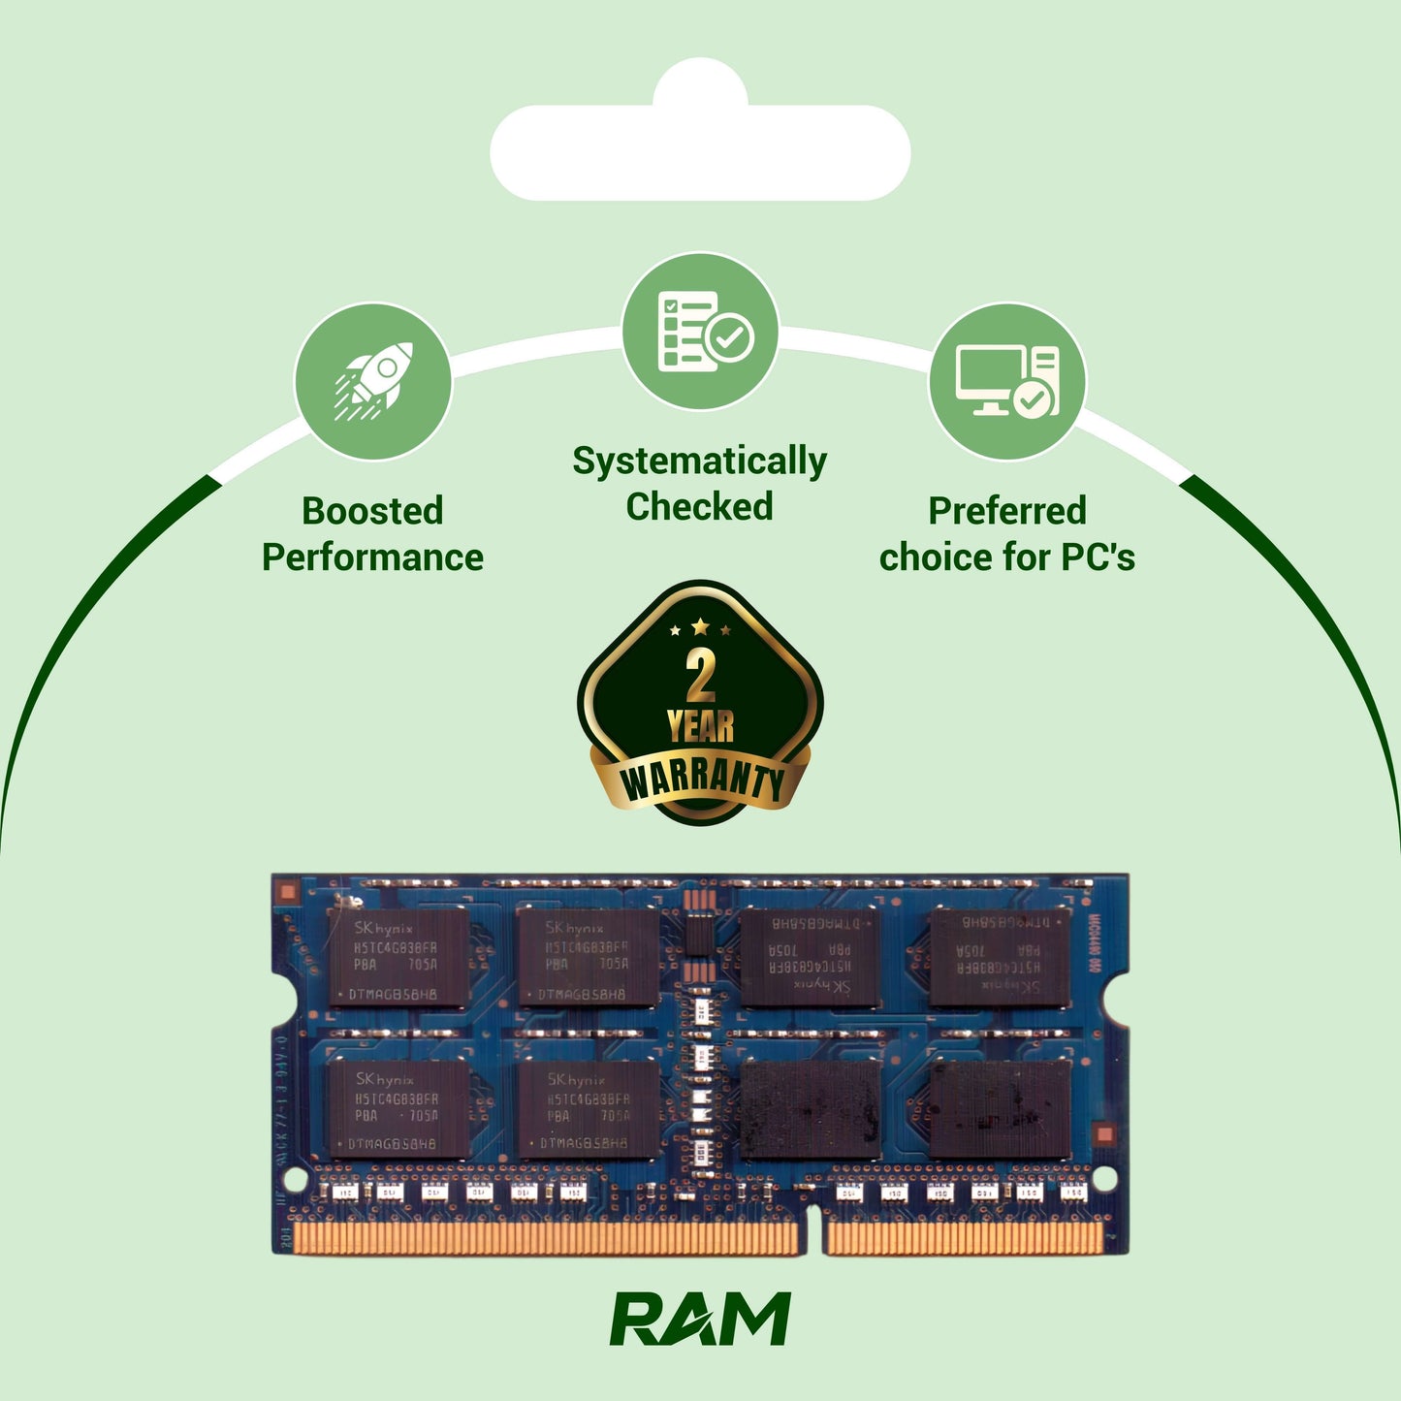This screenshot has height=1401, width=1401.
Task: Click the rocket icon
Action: [x=374, y=381]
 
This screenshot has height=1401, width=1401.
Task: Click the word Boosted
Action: [x=372, y=511]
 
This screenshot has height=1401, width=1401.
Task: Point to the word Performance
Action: [x=372, y=557]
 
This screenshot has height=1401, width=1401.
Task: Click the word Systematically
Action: [x=699, y=462]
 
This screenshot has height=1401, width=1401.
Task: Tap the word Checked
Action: [x=699, y=507]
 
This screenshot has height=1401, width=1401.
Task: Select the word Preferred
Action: [x=1006, y=511]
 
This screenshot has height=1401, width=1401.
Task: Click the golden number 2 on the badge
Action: [x=700, y=676]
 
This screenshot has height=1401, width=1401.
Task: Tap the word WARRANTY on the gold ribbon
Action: [x=700, y=780]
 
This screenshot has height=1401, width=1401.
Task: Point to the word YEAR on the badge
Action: [x=700, y=725]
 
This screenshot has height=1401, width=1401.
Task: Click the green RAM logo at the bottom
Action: [x=700, y=1320]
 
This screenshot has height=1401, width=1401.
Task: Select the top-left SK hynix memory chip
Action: [x=397, y=957]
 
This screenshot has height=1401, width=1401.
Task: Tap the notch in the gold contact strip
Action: [x=812, y=1235]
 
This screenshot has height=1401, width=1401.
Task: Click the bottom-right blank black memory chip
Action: [x=1001, y=1108]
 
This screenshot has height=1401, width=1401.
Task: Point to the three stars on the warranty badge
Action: [x=700, y=628]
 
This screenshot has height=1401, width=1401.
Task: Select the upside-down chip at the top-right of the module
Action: [x=1001, y=957]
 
